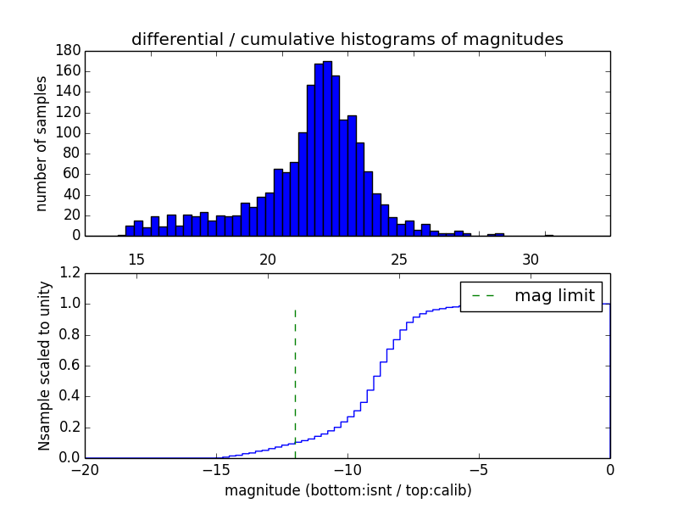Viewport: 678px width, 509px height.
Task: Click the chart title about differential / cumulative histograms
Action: click(347, 39)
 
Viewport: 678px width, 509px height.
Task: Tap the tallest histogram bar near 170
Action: click(327, 148)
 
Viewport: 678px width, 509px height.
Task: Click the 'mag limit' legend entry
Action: click(554, 296)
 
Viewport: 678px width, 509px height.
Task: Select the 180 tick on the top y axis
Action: click(69, 50)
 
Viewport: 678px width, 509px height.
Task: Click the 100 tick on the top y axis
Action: click(69, 133)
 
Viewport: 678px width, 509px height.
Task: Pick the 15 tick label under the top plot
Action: click(136, 260)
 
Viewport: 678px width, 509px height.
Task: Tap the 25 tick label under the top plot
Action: click(399, 260)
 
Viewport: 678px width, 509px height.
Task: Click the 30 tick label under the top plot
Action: click(531, 260)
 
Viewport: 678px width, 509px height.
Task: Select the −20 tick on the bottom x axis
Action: click(85, 469)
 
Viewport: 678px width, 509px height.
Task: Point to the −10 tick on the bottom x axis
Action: click(347, 469)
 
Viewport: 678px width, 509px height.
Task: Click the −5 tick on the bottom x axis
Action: click(479, 469)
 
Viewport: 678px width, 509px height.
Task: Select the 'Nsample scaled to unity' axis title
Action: click(44, 366)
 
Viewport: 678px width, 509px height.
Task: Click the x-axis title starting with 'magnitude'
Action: click(347, 490)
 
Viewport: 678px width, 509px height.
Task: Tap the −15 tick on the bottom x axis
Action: click(216, 469)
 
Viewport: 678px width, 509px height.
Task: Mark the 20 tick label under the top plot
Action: click(268, 260)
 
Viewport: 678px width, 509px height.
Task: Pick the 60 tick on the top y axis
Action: click(72, 174)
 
